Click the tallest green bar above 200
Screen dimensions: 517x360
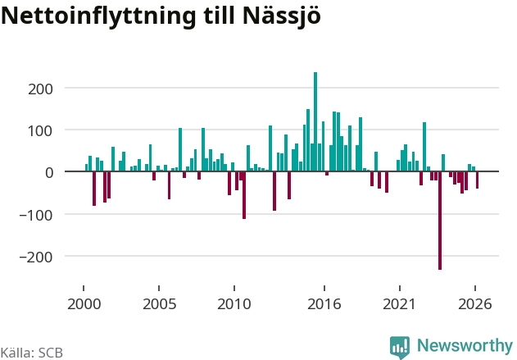(315, 121)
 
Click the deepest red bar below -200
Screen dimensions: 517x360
(440, 221)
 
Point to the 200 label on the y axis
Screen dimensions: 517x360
(40, 89)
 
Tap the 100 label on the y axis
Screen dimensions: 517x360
(40, 131)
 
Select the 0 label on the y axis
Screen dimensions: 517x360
(49, 172)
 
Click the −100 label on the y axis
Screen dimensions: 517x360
(36, 215)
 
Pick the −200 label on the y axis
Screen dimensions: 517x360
(36, 257)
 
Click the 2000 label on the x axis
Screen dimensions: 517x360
(84, 304)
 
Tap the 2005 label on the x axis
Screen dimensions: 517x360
(159, 304)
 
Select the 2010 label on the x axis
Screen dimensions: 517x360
(234, 304)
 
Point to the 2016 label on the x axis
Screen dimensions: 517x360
(324, 304)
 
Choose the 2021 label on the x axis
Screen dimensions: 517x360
(400, 304)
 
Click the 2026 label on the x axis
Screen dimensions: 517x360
(474, 304)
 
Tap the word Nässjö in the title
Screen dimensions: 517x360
(282, 16)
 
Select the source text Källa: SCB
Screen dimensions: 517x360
(32, 353)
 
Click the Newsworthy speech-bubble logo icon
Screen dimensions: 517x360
(400, 347)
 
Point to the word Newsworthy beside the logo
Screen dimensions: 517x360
(465, 345)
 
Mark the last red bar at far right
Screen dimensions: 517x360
(477, 180)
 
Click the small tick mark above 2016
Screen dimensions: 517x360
(324, 288)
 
